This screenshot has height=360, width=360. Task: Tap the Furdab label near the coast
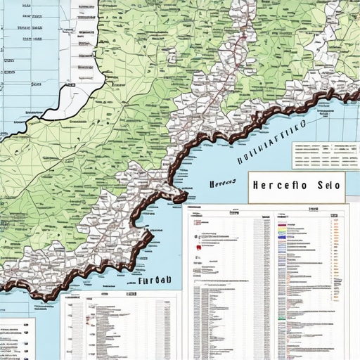(x=155, y=280)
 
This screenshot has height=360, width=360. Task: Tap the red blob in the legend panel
(x=201, y=245)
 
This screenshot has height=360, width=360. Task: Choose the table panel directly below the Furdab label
(x=120, y=327)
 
